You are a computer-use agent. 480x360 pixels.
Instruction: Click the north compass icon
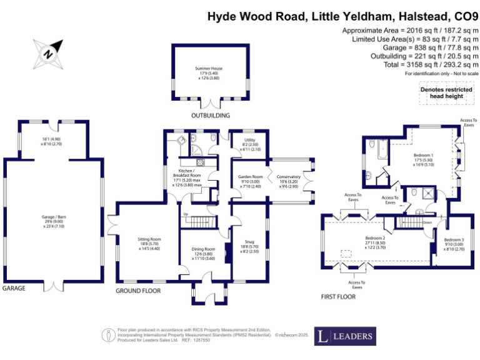coord(47,52)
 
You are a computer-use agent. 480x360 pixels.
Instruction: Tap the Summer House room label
coord(209,69)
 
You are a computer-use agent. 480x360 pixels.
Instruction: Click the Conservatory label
coord(288,177)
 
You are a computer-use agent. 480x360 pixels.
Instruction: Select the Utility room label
coord(249,141)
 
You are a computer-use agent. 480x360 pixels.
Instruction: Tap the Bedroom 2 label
coord(375,238)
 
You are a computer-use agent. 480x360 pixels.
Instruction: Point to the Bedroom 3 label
coord(454,240)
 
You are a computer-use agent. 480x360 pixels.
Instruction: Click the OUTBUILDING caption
coord(211,116)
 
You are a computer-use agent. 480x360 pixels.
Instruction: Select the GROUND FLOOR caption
coord(138,291)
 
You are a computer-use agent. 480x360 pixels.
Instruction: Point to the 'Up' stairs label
coord(186,214)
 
